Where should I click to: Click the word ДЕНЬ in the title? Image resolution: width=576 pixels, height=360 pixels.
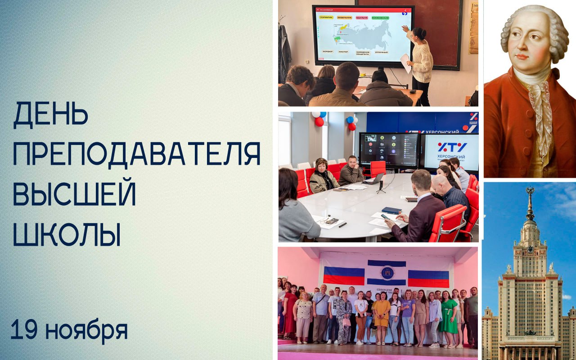pos(50,114)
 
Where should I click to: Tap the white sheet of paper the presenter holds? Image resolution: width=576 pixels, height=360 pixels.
pos(405,63)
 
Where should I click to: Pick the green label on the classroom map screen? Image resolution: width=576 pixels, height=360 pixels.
pos(381,18)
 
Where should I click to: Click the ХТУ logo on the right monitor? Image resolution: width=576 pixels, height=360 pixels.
pos(451,147)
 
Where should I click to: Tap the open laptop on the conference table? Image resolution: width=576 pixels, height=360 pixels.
pos(375,179)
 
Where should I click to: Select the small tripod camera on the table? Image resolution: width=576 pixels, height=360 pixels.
pos(381,186)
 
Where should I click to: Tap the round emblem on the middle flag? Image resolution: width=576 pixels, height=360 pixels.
pos(387,273)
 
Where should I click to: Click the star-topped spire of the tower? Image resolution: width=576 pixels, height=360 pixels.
pos(531,198)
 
